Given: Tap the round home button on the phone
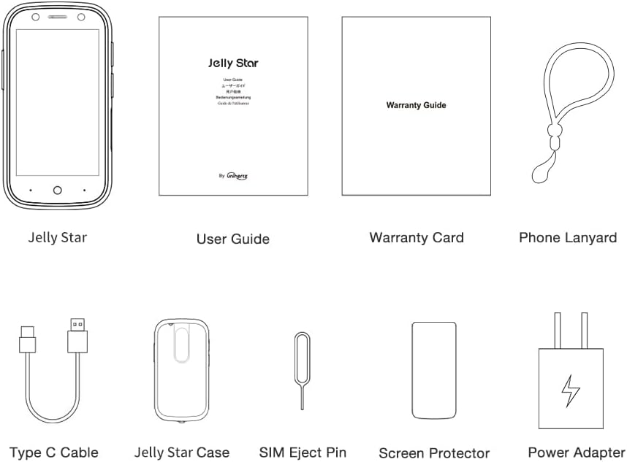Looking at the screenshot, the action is tap(58, 190).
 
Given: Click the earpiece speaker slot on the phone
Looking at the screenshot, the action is tap(58, 17).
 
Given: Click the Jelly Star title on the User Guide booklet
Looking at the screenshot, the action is tap(233, 63).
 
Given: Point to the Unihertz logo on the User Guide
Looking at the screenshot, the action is tap(237, 175).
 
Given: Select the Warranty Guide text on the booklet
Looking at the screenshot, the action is tap(416, 105).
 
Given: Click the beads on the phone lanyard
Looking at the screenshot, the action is tap(553, 134).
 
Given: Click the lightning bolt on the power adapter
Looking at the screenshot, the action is tap(571, 391).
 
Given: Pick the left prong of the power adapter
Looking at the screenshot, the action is tap(558, 330).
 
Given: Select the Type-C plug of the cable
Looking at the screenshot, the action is tap(27, 339).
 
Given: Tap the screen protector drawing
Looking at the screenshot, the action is tap(433, 370).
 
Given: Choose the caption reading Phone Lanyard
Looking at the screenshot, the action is tap(568, 237).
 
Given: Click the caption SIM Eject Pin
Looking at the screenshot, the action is tap(303, 453).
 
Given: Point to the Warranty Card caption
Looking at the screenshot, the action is tap(416, 237).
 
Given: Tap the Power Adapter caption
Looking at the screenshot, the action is tap(577, 453).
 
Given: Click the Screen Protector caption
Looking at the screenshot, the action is tap(434, 453).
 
